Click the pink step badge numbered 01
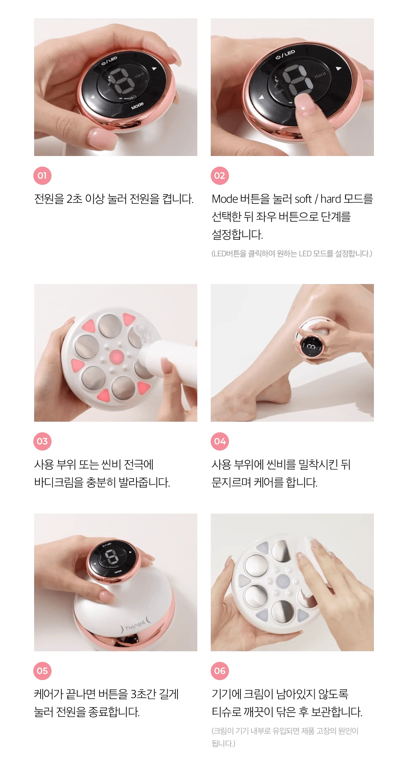[42, 176]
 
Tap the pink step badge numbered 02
[220, 176]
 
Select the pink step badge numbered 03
[42, 441]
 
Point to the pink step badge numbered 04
[220, 441]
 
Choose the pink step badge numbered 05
[42, 671]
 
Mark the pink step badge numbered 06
[220, 671]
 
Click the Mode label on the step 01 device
[137, 106]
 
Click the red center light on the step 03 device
[117, 358]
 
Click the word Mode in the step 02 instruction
[225, 199]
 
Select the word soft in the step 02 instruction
[303, 199]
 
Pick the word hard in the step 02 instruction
[330, 199]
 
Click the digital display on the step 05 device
[112, 557]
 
